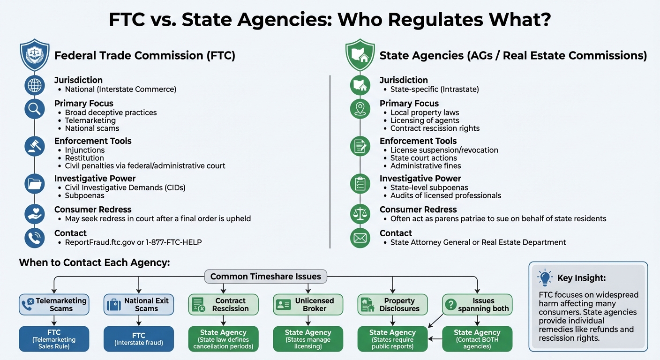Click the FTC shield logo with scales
(35, 55)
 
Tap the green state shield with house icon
(360, 55)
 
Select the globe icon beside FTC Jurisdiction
(35, 85)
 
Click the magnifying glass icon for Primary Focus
(35, 109)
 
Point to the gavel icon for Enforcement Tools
(35, 146)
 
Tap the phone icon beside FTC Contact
(35, 238)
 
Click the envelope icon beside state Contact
(360, 238)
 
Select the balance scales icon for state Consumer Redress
(360, 214)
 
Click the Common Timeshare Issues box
(265, 277)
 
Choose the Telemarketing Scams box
(54, 305)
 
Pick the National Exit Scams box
(139, 305)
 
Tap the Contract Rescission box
(223, 305)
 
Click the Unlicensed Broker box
(308, 305)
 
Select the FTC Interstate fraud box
(139, 339)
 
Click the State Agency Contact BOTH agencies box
(477, 339)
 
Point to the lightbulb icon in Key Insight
(545, 278)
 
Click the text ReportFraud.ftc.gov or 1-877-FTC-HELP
(133, 242)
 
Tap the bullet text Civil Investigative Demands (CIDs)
(125, 187)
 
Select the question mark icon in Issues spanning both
(450, 305)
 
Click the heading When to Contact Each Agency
(94, 262)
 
